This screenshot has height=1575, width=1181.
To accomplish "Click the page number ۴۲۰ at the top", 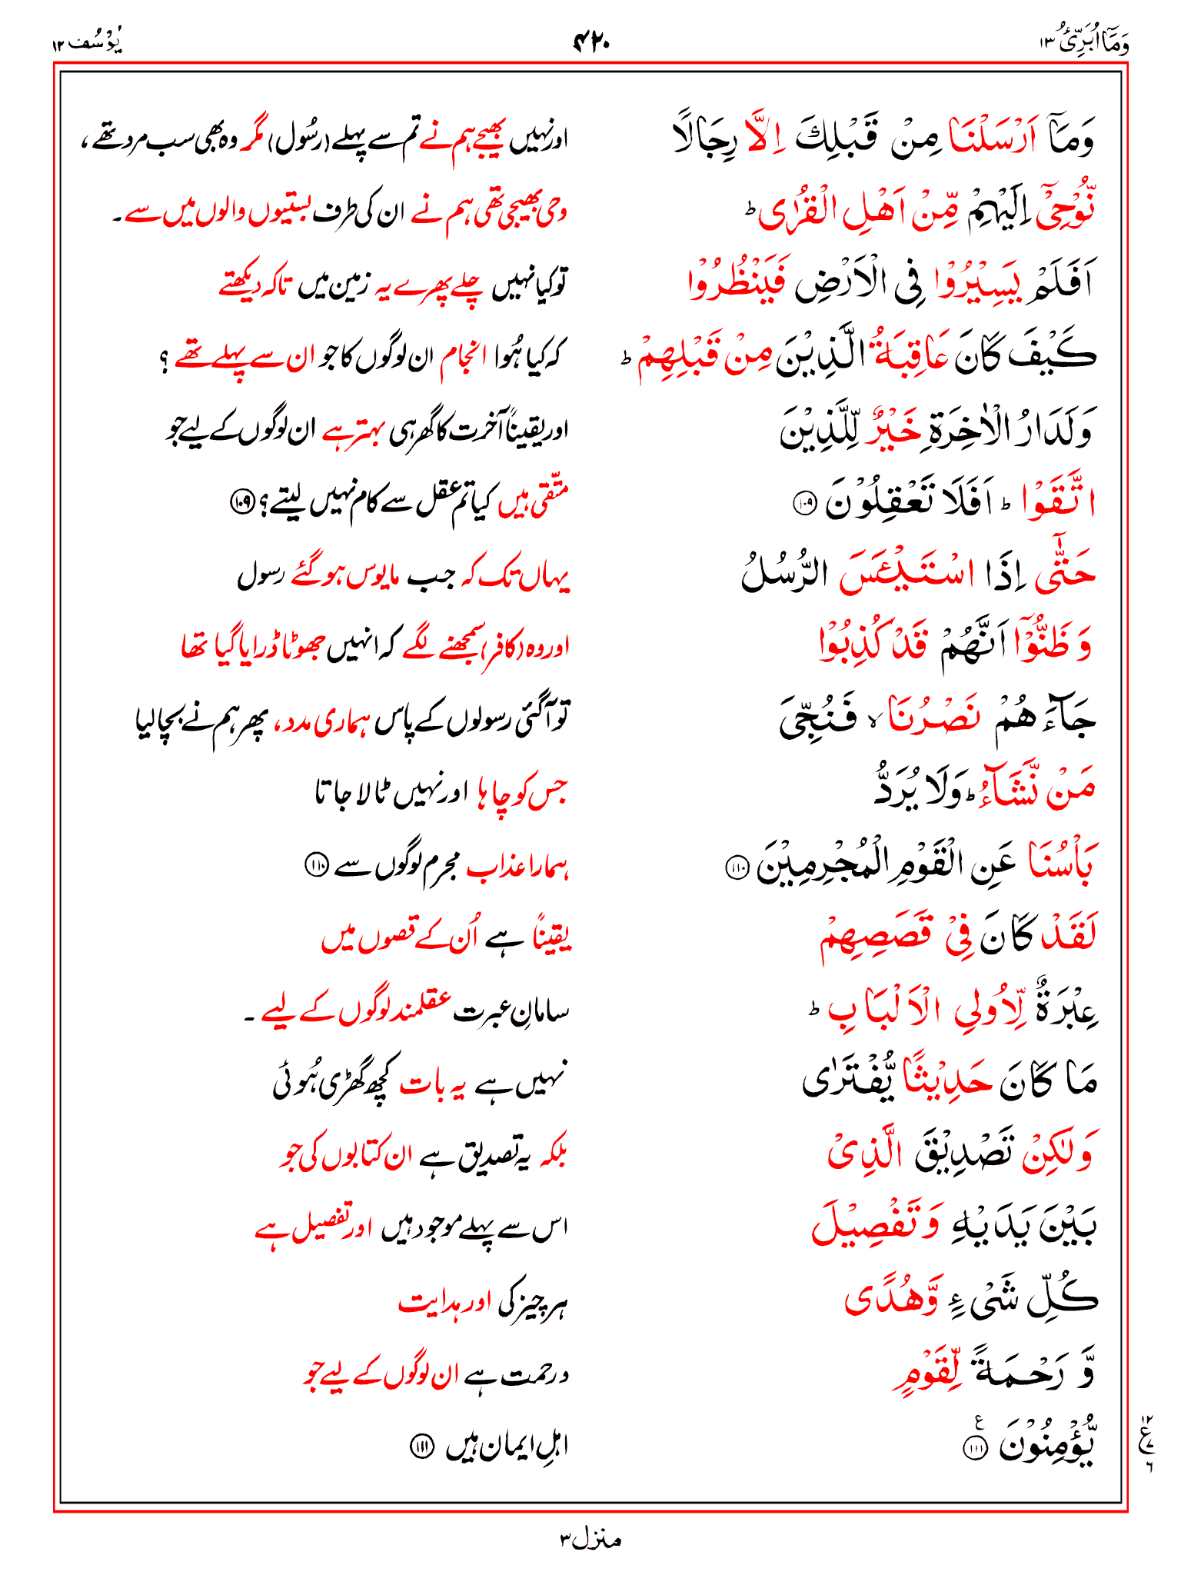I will point(590,42).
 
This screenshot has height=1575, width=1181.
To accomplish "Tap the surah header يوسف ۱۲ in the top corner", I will point(87,43).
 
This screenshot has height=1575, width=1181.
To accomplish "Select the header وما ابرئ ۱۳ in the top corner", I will point(1084,43).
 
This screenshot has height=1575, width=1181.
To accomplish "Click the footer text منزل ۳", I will point(590,1540).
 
